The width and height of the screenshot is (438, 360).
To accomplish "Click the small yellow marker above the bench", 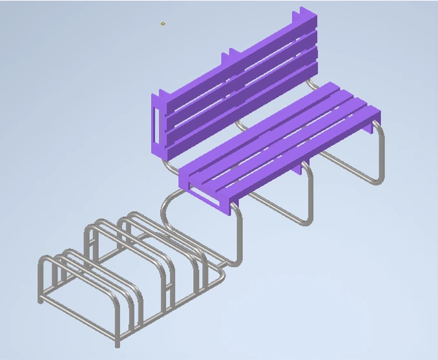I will click(x=163, y=24).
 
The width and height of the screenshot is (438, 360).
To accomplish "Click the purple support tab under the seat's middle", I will click(x=301, y=169).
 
